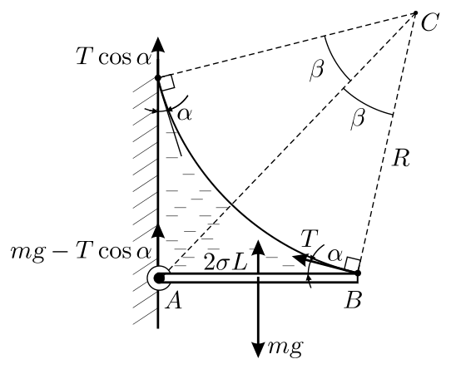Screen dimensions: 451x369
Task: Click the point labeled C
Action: (x=415, y=13)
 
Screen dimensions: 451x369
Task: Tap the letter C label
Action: (x=429, y=22)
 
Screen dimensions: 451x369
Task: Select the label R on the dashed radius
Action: (x=401, y=158)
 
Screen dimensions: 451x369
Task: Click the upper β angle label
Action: (x=317, y=70)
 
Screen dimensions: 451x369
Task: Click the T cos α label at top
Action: (x=114, y=57)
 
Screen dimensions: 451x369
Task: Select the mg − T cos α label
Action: (x=81, y=252)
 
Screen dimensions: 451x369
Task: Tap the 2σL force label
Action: (x=226, y=263)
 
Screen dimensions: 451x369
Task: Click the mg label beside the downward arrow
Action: (x=285, y=347)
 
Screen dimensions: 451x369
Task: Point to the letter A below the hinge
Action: (x=173, y=302)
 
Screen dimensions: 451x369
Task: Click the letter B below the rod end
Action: (x=353, y=301)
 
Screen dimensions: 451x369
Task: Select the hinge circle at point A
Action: (x=158, y=278)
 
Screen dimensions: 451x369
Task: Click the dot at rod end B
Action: (x=358, y=273)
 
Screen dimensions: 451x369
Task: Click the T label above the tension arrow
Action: (x=309, y=239)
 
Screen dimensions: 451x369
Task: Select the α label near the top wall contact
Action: (x=185, y=115)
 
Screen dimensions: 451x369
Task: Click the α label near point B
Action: (x=335, y=255)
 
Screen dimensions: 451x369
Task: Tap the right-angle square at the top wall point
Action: (x=166, y=82)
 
